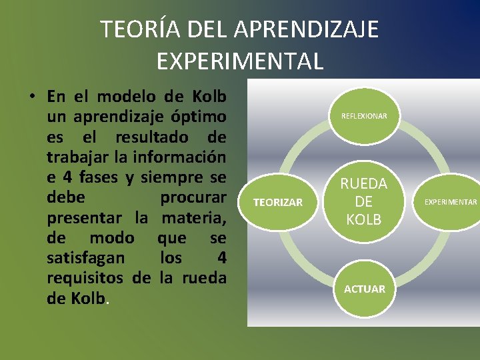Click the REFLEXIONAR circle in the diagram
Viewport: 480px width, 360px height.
[364, 116]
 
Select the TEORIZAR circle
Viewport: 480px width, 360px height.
[278, 202]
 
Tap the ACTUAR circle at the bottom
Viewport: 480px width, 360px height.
[364, 289]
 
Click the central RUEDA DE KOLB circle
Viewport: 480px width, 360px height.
[364, 201]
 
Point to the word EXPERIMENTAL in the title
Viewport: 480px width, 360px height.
[240, 61]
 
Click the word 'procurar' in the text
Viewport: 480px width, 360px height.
[193, 198]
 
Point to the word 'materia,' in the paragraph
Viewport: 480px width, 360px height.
[194, 218]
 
